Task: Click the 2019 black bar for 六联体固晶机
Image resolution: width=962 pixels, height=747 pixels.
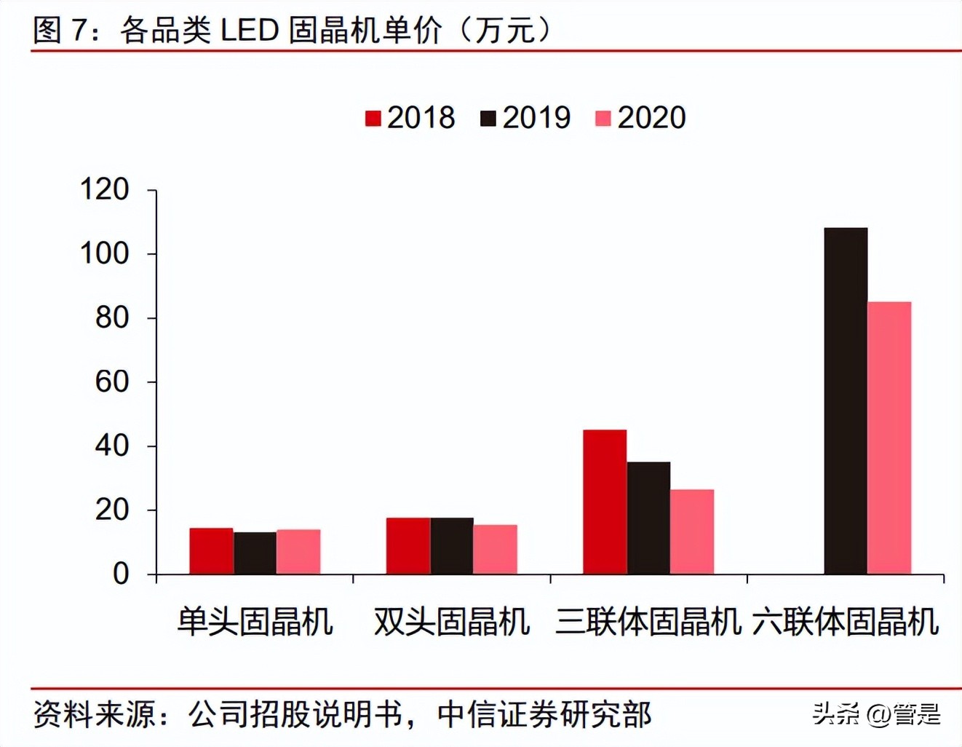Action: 846,400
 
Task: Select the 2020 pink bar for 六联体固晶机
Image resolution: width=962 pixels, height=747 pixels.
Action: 889,438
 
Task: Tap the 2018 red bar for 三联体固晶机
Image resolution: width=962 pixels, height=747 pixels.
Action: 605,502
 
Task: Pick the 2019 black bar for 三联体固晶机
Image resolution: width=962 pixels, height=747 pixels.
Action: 648,518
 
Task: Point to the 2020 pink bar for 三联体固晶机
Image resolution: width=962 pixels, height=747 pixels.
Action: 692,531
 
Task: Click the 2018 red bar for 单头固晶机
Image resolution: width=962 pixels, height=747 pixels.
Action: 211,550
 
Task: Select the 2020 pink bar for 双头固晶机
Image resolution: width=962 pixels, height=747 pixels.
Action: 496,549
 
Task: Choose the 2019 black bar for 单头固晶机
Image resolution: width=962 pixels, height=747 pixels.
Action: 255,553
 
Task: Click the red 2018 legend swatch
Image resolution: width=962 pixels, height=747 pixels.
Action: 373,118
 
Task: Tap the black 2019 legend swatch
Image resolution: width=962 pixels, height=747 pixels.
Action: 488,118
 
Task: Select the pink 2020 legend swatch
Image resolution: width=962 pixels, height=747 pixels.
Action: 603,118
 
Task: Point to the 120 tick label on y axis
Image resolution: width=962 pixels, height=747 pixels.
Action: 104,189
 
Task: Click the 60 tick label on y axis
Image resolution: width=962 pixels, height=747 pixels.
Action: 112,382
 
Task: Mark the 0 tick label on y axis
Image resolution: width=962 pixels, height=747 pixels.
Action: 121,574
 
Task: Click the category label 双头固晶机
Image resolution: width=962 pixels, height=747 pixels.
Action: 451,622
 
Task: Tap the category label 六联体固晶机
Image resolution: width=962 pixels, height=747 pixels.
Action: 846,622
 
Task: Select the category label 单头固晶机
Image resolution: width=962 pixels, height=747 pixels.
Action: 255,622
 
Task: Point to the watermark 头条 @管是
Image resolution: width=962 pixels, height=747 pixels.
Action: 876,714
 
